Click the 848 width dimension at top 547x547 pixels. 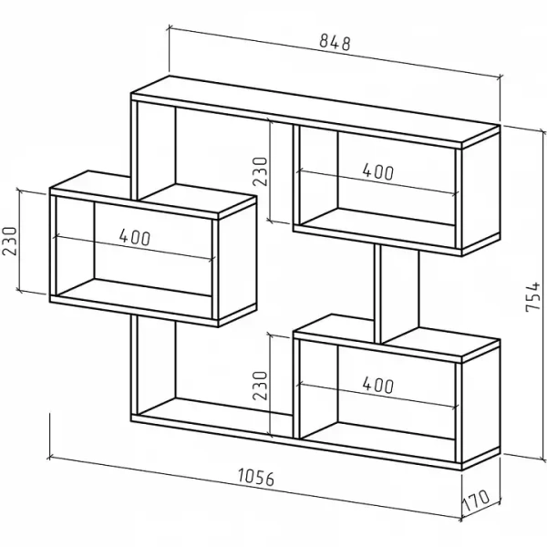(335, 42)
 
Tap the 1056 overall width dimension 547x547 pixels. (256, 477)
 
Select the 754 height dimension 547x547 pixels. (532, 296)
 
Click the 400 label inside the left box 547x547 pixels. (135, 237)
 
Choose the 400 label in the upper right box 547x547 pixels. (378, 171)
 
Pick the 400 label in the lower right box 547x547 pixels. (378, 385)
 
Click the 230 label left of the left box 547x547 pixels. (10, 241)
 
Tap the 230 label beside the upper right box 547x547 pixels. (260, 171)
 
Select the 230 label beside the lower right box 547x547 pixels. (260, 385)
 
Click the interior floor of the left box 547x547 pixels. (134, 288)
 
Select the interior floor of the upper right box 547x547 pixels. (377, 217)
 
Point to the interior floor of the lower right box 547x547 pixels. (377, 431)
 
